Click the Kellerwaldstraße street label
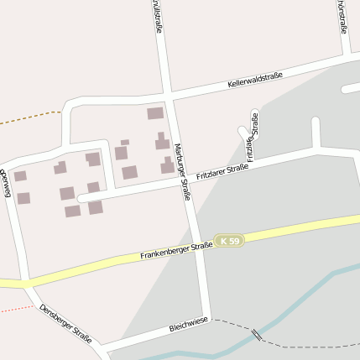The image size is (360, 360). click(254, 81)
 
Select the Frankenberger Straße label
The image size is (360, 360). click(177, 248)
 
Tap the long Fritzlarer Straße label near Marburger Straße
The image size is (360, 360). click(222, 173)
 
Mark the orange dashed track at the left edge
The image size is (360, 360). click(29, 117)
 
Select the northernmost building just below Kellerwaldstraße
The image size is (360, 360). click(155, 113)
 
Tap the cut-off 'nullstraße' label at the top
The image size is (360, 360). click(157, 17)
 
